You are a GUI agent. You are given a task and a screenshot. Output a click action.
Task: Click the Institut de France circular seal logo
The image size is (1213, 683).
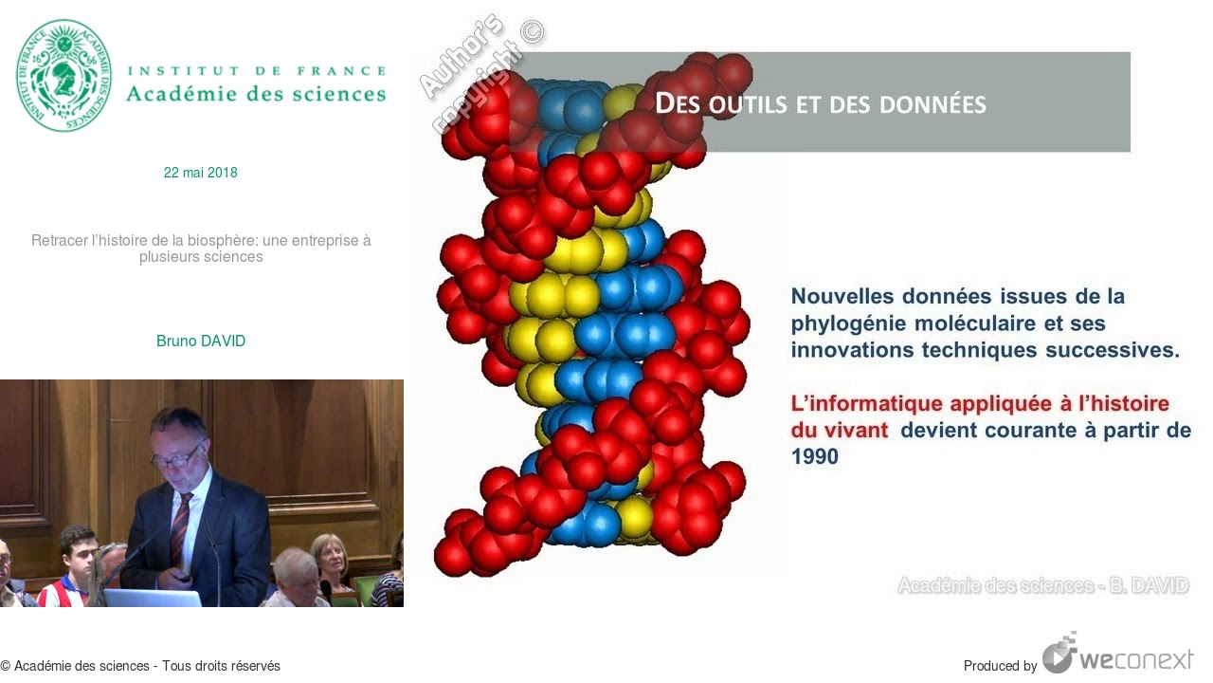point(63,76)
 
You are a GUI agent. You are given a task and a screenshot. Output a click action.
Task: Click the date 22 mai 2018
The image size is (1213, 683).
point(201,173)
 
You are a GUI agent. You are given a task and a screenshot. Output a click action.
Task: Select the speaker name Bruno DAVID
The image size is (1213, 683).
point(201,341)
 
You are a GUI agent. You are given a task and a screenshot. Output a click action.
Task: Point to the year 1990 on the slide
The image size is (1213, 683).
point(815,457)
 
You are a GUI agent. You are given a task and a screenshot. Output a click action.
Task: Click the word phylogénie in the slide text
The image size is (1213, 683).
point(842,323)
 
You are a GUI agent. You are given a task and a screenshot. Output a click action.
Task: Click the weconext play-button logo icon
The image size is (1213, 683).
point(1059,654)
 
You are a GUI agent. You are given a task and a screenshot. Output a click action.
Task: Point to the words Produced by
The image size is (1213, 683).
point(1000,666)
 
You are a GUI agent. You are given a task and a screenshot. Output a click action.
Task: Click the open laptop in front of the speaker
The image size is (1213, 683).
point(152,598)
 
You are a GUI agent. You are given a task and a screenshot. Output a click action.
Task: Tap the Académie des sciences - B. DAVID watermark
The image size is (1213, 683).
point(1042,585)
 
